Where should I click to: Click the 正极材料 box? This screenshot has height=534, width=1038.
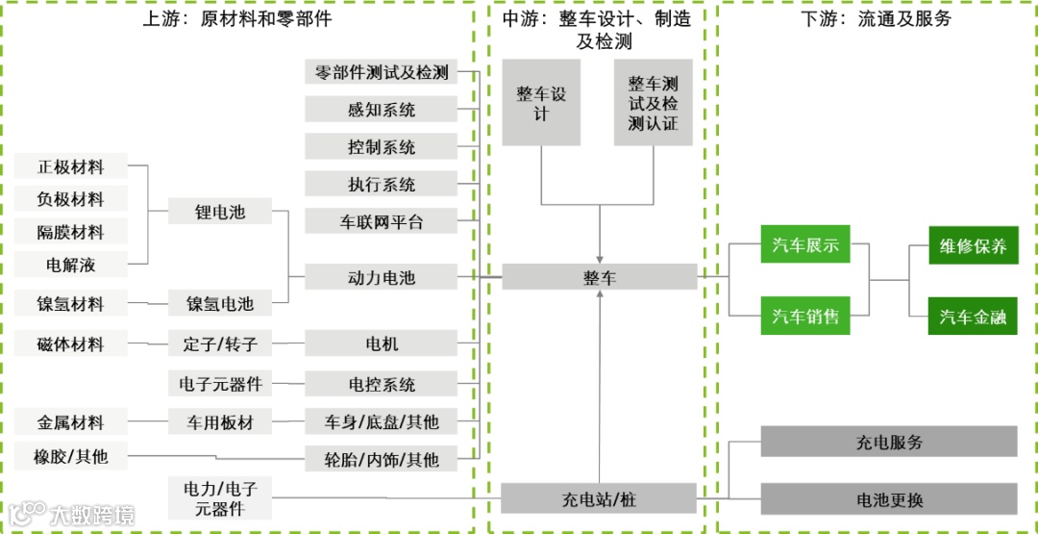click(71, 166)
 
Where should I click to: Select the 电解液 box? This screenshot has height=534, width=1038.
click(71, 263)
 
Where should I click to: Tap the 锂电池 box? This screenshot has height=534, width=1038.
click(220, 211)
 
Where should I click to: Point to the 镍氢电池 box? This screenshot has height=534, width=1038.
click(220, 303)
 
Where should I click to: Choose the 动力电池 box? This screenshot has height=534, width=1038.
click(381, 278)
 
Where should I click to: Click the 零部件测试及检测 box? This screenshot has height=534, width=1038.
click(381, 72)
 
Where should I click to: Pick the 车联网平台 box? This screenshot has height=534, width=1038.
click(381, 221)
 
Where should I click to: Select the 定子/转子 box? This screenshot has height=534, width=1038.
click(220, 343)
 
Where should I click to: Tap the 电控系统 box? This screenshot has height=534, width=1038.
click(381, 384)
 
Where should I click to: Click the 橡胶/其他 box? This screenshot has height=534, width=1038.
click(71, 457)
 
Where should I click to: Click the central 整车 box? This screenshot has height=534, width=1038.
click(600, 278)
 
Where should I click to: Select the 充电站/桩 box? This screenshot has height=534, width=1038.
click(600, 499)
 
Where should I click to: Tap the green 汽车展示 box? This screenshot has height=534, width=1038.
click(805, 245)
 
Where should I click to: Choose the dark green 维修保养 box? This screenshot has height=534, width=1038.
click(973, 245)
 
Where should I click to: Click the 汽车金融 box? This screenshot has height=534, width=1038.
click(973, 317)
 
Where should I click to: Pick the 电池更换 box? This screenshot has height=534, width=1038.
click(889, 499)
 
